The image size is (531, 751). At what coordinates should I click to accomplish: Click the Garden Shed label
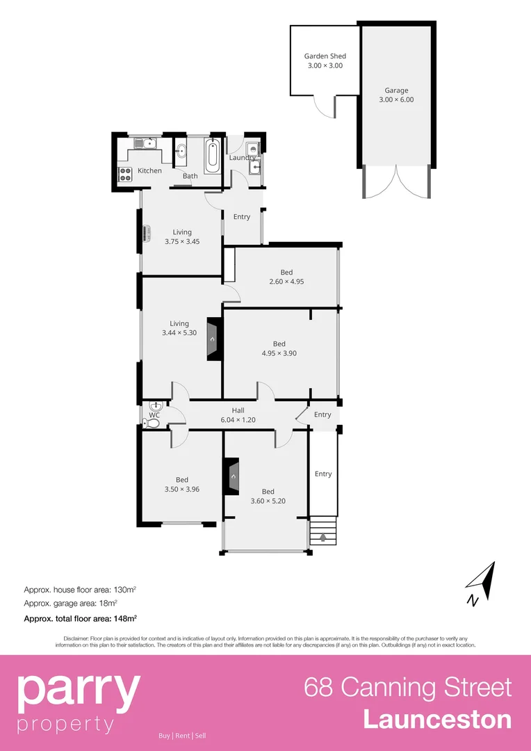click(325, 56)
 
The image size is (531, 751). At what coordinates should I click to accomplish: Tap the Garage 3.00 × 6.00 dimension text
click(396, 99)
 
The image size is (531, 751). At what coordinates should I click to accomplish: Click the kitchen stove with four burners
click(125, 174)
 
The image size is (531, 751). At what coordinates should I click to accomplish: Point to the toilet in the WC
click(153, 421)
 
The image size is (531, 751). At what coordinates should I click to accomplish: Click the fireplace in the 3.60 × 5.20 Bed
click(231, 476)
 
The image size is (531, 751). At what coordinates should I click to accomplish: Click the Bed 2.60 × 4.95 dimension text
click(286, 282)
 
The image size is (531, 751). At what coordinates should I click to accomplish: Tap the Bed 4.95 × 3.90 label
click(279, 348)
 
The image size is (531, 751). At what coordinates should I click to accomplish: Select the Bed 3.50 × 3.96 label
click(182, 484)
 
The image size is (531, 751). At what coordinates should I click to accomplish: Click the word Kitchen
click(149, 170)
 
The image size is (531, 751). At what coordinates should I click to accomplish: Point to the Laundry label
click(243, 158)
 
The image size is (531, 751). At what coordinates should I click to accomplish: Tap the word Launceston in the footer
click(437, 719)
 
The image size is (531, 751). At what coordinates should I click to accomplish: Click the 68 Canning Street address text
click(407, 687)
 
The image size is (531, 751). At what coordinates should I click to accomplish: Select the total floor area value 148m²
click(125, 617)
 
